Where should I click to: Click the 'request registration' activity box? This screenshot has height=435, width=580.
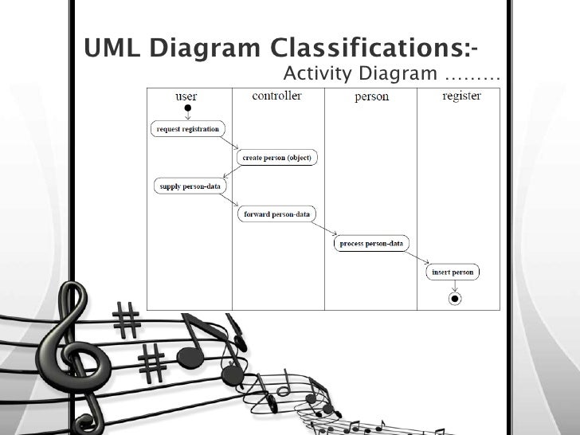point(187,129)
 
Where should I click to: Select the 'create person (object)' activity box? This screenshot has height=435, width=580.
point(277,157)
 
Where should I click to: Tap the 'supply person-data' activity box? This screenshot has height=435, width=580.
point(189,186)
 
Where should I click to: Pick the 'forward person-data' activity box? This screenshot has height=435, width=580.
point(276,214)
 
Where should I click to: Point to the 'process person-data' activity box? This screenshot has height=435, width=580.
point(371,243)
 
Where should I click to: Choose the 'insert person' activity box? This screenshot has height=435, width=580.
point(453,272)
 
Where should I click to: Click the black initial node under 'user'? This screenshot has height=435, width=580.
point(187,108)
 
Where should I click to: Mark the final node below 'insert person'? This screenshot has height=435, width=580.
point(454,299)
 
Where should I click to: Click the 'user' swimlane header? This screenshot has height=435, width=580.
point(186,96)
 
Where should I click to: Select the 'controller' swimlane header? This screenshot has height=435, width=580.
point(276,96)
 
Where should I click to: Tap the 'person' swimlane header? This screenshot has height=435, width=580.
point(371,97)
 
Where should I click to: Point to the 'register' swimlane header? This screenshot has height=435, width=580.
point(461,96)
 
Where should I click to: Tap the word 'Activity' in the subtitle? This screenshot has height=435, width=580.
point(318,75)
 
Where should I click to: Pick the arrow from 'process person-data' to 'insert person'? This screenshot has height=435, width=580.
point(417,257)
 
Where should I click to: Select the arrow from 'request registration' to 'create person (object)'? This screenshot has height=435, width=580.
point(231,143)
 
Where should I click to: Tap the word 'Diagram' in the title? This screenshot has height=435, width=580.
point(212,49)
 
